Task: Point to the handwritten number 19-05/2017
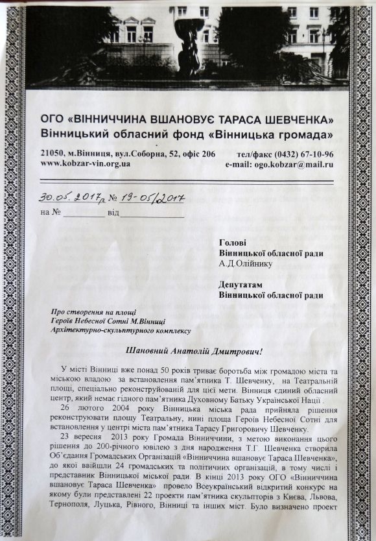tap(156, 197)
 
